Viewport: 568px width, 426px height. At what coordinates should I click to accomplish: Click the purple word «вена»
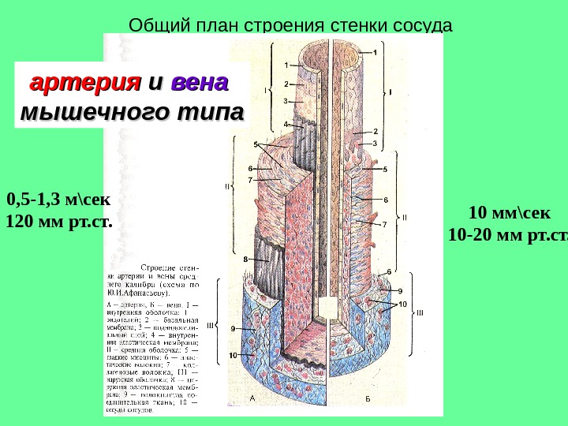pyautogui.click(x=200, y=82)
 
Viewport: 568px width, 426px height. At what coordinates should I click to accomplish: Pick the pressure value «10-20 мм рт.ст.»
pyautogui.click(x=507, y=235)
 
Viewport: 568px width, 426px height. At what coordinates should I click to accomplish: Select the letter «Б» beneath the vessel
pyautogui.click(x=368, y=400)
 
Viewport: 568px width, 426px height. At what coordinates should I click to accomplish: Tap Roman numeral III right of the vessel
pyautogui.click(x=420, y=312)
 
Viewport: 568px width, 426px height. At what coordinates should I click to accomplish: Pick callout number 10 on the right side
pyautogui.click(x=402, y=304)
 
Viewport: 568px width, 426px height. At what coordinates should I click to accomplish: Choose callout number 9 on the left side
pyautogui.click(x=233, y=328)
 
